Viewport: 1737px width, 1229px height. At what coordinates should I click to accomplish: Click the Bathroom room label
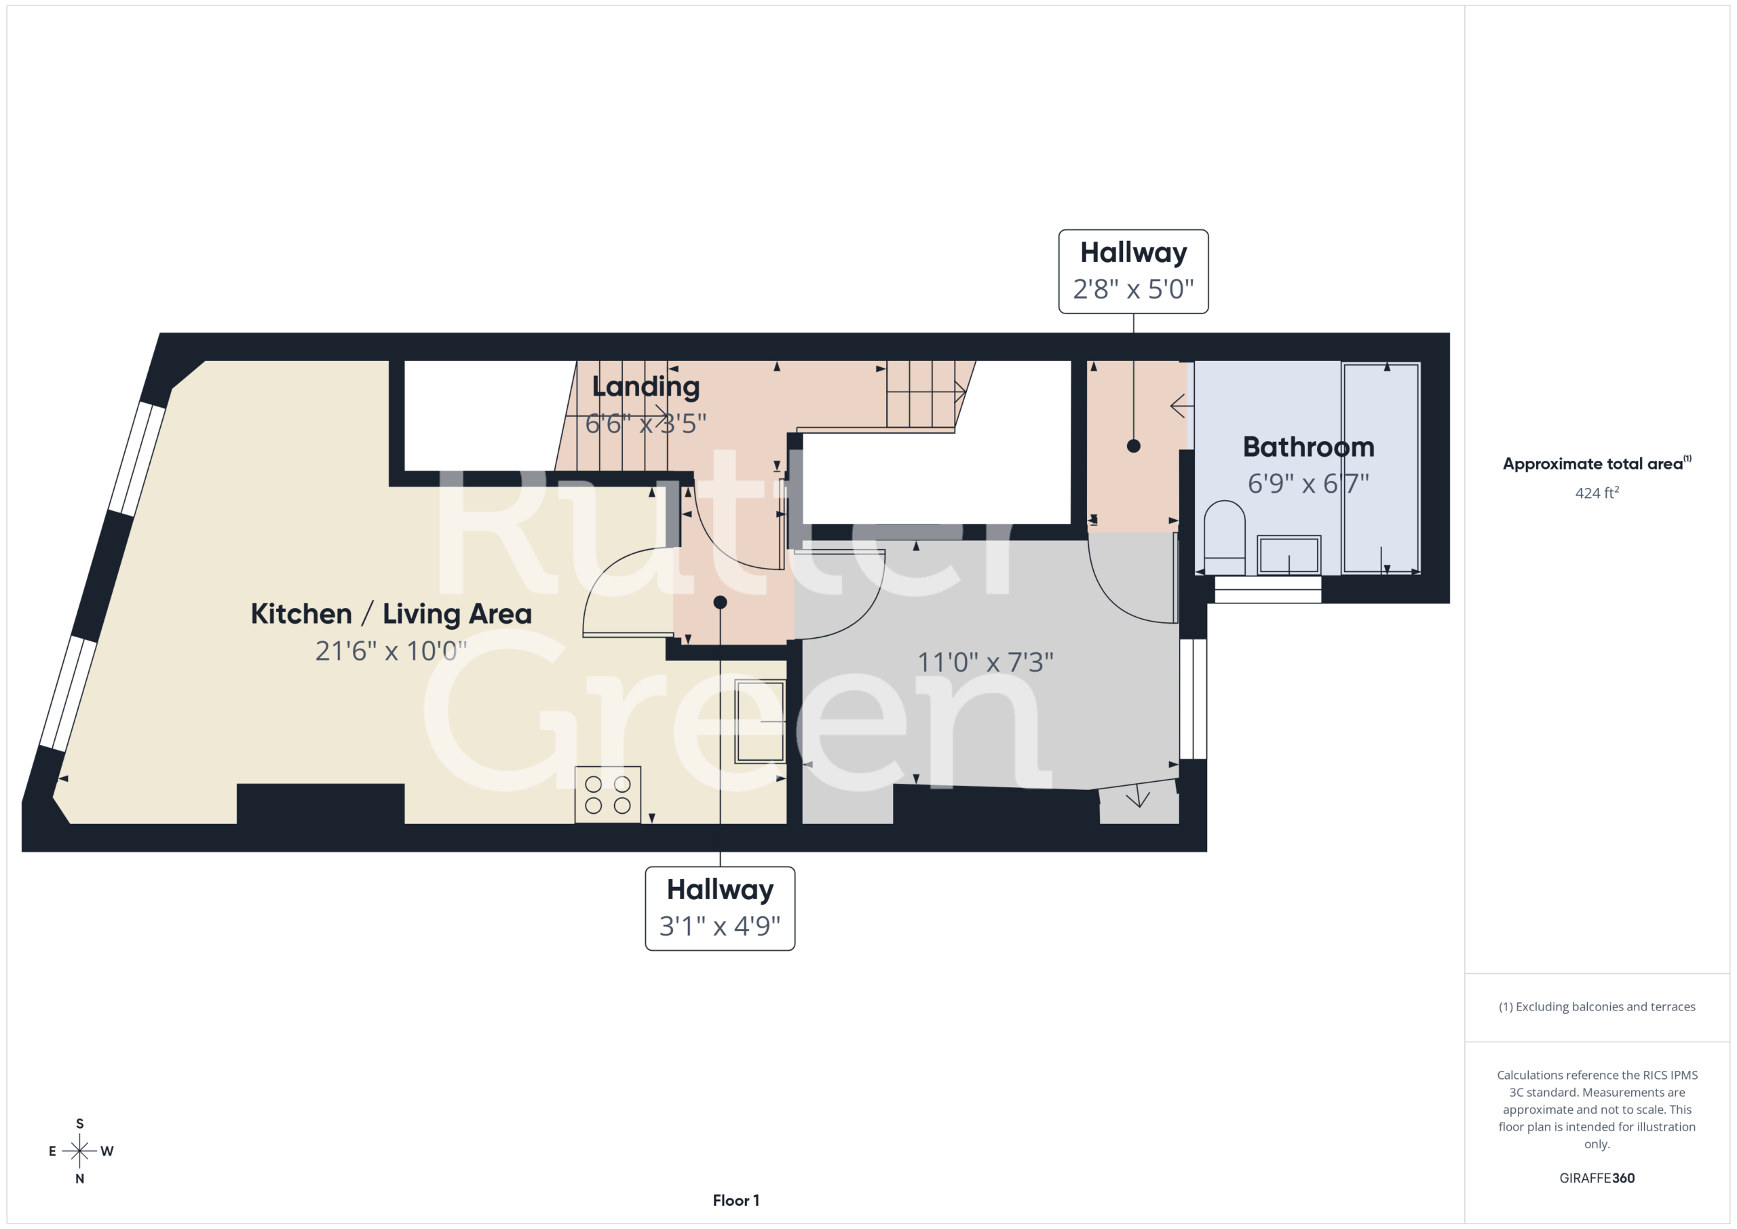[x=1308, y=447]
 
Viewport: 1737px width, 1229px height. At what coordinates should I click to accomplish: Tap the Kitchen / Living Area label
[x=391, y=613]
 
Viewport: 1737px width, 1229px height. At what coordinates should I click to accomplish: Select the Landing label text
[x=645, y=387]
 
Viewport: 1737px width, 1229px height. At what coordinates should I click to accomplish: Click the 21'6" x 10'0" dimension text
[x=391, y=651]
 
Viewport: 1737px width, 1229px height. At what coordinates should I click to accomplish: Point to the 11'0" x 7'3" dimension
[x=985, y=662]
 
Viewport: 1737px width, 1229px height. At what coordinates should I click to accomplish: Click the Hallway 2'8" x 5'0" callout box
[x=1133, y=271]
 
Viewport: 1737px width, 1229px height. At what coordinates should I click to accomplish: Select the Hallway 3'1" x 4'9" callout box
[x=720, y=908]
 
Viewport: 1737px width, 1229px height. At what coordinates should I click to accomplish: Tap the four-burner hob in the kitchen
[x=607, y=795]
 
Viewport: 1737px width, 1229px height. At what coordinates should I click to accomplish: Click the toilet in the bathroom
[x=1224, y=537]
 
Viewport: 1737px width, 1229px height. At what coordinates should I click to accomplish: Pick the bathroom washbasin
[x=1289, y=554]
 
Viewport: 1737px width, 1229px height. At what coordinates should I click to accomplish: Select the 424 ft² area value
[x=1597, y=493]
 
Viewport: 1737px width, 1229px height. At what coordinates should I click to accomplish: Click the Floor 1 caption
[x=736, y=1200]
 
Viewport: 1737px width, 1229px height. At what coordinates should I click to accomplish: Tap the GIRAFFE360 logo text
[x=1597, y=1177]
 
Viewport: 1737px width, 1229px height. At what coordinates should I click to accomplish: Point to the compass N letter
[x=79, y=1178]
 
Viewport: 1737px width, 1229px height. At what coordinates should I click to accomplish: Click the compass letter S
[x=79, y=1124]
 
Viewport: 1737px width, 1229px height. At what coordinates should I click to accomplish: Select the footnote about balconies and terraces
[x=1597, y=1006]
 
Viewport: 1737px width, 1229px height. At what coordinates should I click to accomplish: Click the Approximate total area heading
[x=1597, y=463]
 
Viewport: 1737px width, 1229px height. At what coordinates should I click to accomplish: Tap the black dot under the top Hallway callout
[x=1133, y=446]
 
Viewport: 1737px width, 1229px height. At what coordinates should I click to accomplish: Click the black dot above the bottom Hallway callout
[x=720, y=603]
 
